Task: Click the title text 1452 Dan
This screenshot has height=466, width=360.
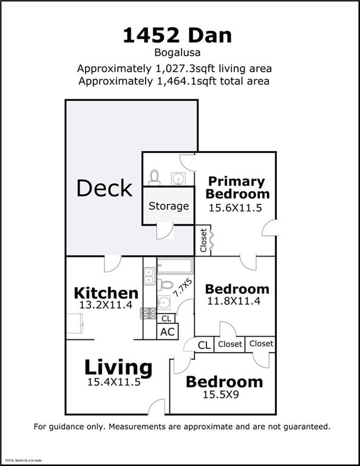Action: (177, 35)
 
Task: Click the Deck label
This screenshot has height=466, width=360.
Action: (104, 188)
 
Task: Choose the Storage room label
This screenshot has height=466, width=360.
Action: (169, 206)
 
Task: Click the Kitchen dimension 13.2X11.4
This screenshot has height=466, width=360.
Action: (106, 305)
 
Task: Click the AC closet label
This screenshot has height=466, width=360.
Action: (166, 332)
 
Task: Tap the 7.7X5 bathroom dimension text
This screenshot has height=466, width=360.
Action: (183, 286)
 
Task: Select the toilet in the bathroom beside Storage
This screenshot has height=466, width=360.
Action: (154, 177)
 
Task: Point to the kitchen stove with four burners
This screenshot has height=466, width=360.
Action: (149, 313)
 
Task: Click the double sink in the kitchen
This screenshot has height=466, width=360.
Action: (149, 277)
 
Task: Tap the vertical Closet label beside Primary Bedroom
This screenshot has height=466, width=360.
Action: (204, 240)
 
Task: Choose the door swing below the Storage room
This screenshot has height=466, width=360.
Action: (166, 231)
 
